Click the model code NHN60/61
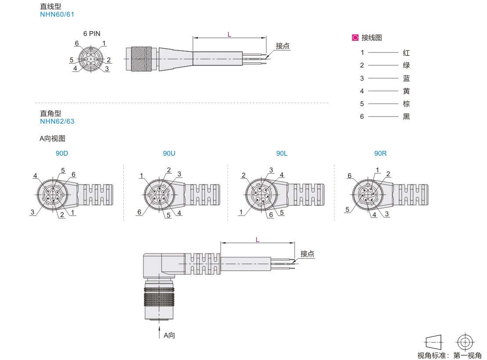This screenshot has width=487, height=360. pos(57,14)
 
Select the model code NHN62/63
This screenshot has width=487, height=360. pos(57,121)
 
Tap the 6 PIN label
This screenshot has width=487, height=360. pos(92,33)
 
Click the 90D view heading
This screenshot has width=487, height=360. pos(62,153)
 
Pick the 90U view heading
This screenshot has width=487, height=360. pos(169,153)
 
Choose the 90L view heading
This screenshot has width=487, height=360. pos(282,153)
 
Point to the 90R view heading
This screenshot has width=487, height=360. pos(380,153)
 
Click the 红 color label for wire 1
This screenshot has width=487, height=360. pos(406,53)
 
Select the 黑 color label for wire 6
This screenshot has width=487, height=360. pos(406,117)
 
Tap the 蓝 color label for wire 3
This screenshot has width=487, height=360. pos(406,78)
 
